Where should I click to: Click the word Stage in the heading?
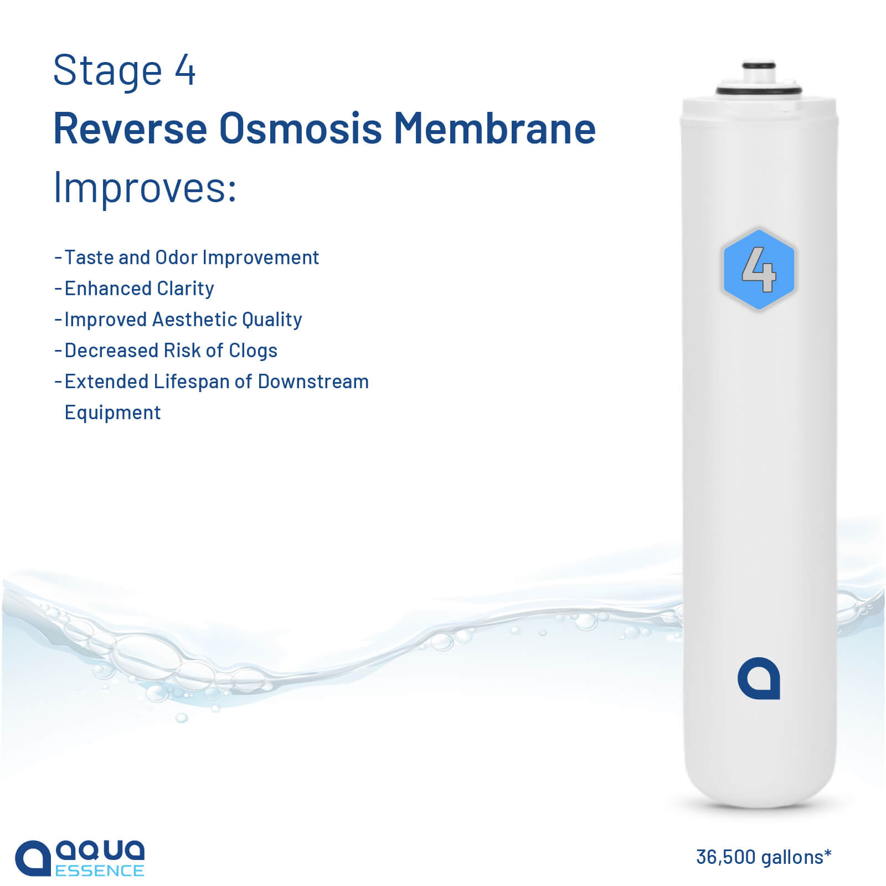pos(107,71)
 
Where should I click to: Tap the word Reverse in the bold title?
pos(131,128)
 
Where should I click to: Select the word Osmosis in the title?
pos(301,128)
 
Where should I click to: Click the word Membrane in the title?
pos(494,128)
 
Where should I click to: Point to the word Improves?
pos(145,187)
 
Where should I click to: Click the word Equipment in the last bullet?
pos(112,413)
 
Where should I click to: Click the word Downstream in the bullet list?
pos(313,382)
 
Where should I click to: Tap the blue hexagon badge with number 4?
pos(759,270)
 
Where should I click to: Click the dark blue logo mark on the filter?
pos(759,678)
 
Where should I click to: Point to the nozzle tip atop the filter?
pos(758,66)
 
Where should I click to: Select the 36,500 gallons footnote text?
pos(764,857)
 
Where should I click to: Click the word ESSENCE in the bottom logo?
pos(100,870)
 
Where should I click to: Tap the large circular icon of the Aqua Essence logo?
pos(33,858)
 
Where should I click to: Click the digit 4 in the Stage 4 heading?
pos(186,71)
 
